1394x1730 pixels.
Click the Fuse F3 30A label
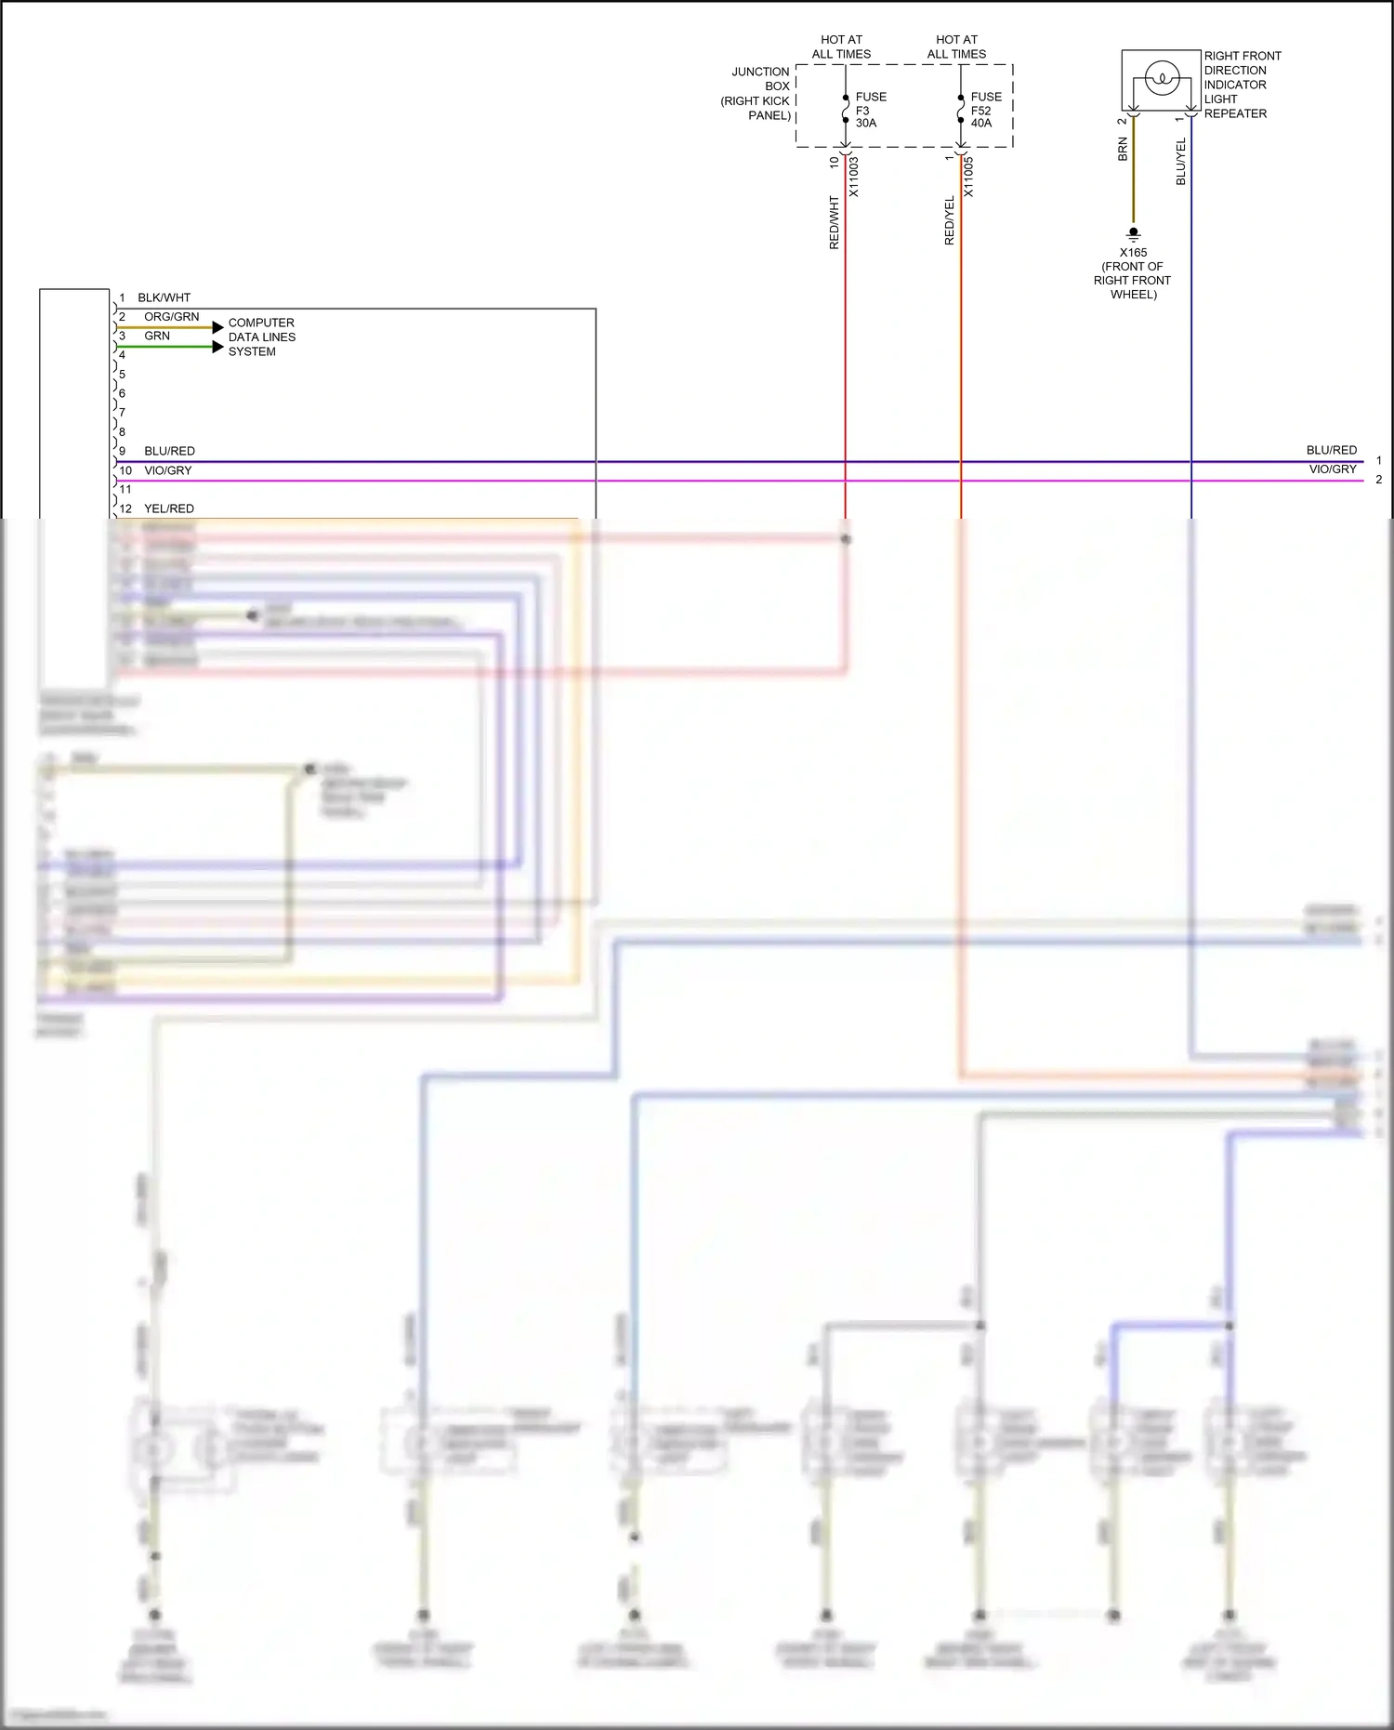pyautogui.click(x=869, y=110)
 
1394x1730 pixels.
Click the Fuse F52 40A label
pyautogui.click(x=984, y=110)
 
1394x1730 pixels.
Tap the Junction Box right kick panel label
pyautogui.click(x=757, y=93)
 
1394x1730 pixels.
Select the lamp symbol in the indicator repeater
pyautogui.click(x=1162, y=78)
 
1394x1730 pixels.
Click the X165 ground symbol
pyautogui.click(x=1133, y=233)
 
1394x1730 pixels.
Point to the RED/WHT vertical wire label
pyautogui.click(x=834, y=222)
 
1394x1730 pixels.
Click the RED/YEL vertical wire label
pyautogui.click(x=949, y=221)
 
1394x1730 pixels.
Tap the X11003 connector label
pyautogui.click(x=854, y=177)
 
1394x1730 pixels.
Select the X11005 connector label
pyautogui.click(x=968, y=177)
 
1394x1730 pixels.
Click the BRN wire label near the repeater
pyautogui.click(x=1123, y=150)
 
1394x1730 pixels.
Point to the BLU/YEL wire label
pyautogui.click(x=1181, y=162)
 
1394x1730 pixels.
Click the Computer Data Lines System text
pyautogui.click(x=261, y=337)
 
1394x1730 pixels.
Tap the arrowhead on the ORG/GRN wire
pyautogui.click(x=217, y=327)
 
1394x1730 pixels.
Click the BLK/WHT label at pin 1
pyautogui.click(x=164, y=297)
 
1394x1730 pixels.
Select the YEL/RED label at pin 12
pyautogui.click(x=169, y=508)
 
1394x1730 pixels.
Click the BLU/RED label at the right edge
pyautogui.click(x=1331, y=450)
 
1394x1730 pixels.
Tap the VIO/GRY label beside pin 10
pyautogui.click(x=167, y=470)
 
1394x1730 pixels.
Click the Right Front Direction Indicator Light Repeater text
pyautogui.click(x=1241, y=85)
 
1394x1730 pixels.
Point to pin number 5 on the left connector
pyautogui.click(x=122, y=375)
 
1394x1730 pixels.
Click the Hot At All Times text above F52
pyautogui.click(x=956, y=46)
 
